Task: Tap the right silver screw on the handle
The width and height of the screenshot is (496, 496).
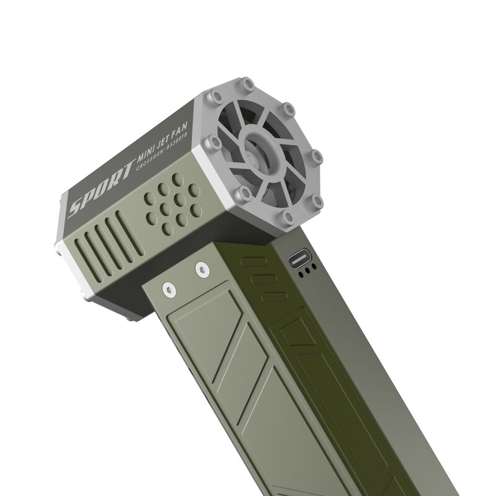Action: tap(201, 269)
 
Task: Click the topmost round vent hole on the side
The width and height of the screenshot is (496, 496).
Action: tap(178, 179)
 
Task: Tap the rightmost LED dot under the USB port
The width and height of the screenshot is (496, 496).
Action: tap(314, 267)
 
